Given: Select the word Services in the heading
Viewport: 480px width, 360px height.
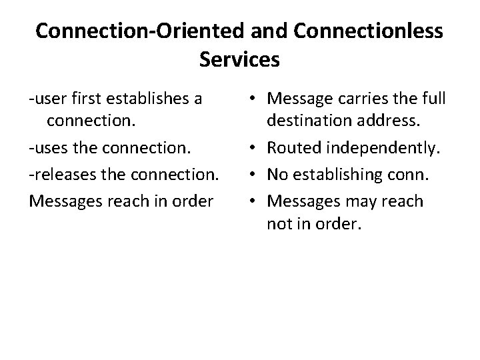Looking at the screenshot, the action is (x=239, y=60).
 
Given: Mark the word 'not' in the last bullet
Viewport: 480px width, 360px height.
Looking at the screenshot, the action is (x=279, y=223).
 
